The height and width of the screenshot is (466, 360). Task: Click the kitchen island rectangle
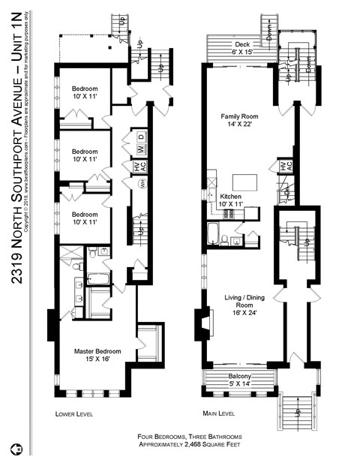[245, 182]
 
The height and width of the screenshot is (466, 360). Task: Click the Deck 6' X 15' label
[241, 47]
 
